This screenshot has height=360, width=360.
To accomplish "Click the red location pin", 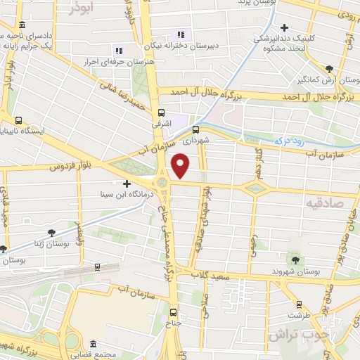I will point(181,166).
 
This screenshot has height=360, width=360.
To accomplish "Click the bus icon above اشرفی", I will point(162,112).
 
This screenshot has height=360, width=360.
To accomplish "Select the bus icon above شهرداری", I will point(196,129).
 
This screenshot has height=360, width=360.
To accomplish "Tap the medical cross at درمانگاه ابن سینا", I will point(127,184).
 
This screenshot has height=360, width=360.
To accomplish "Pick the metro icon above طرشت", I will point(299,304).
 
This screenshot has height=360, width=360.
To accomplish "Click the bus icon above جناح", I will point(173,314).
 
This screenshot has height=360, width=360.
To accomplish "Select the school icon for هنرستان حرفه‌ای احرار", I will point(119,50).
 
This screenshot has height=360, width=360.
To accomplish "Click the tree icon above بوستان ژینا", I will point(51,233).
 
